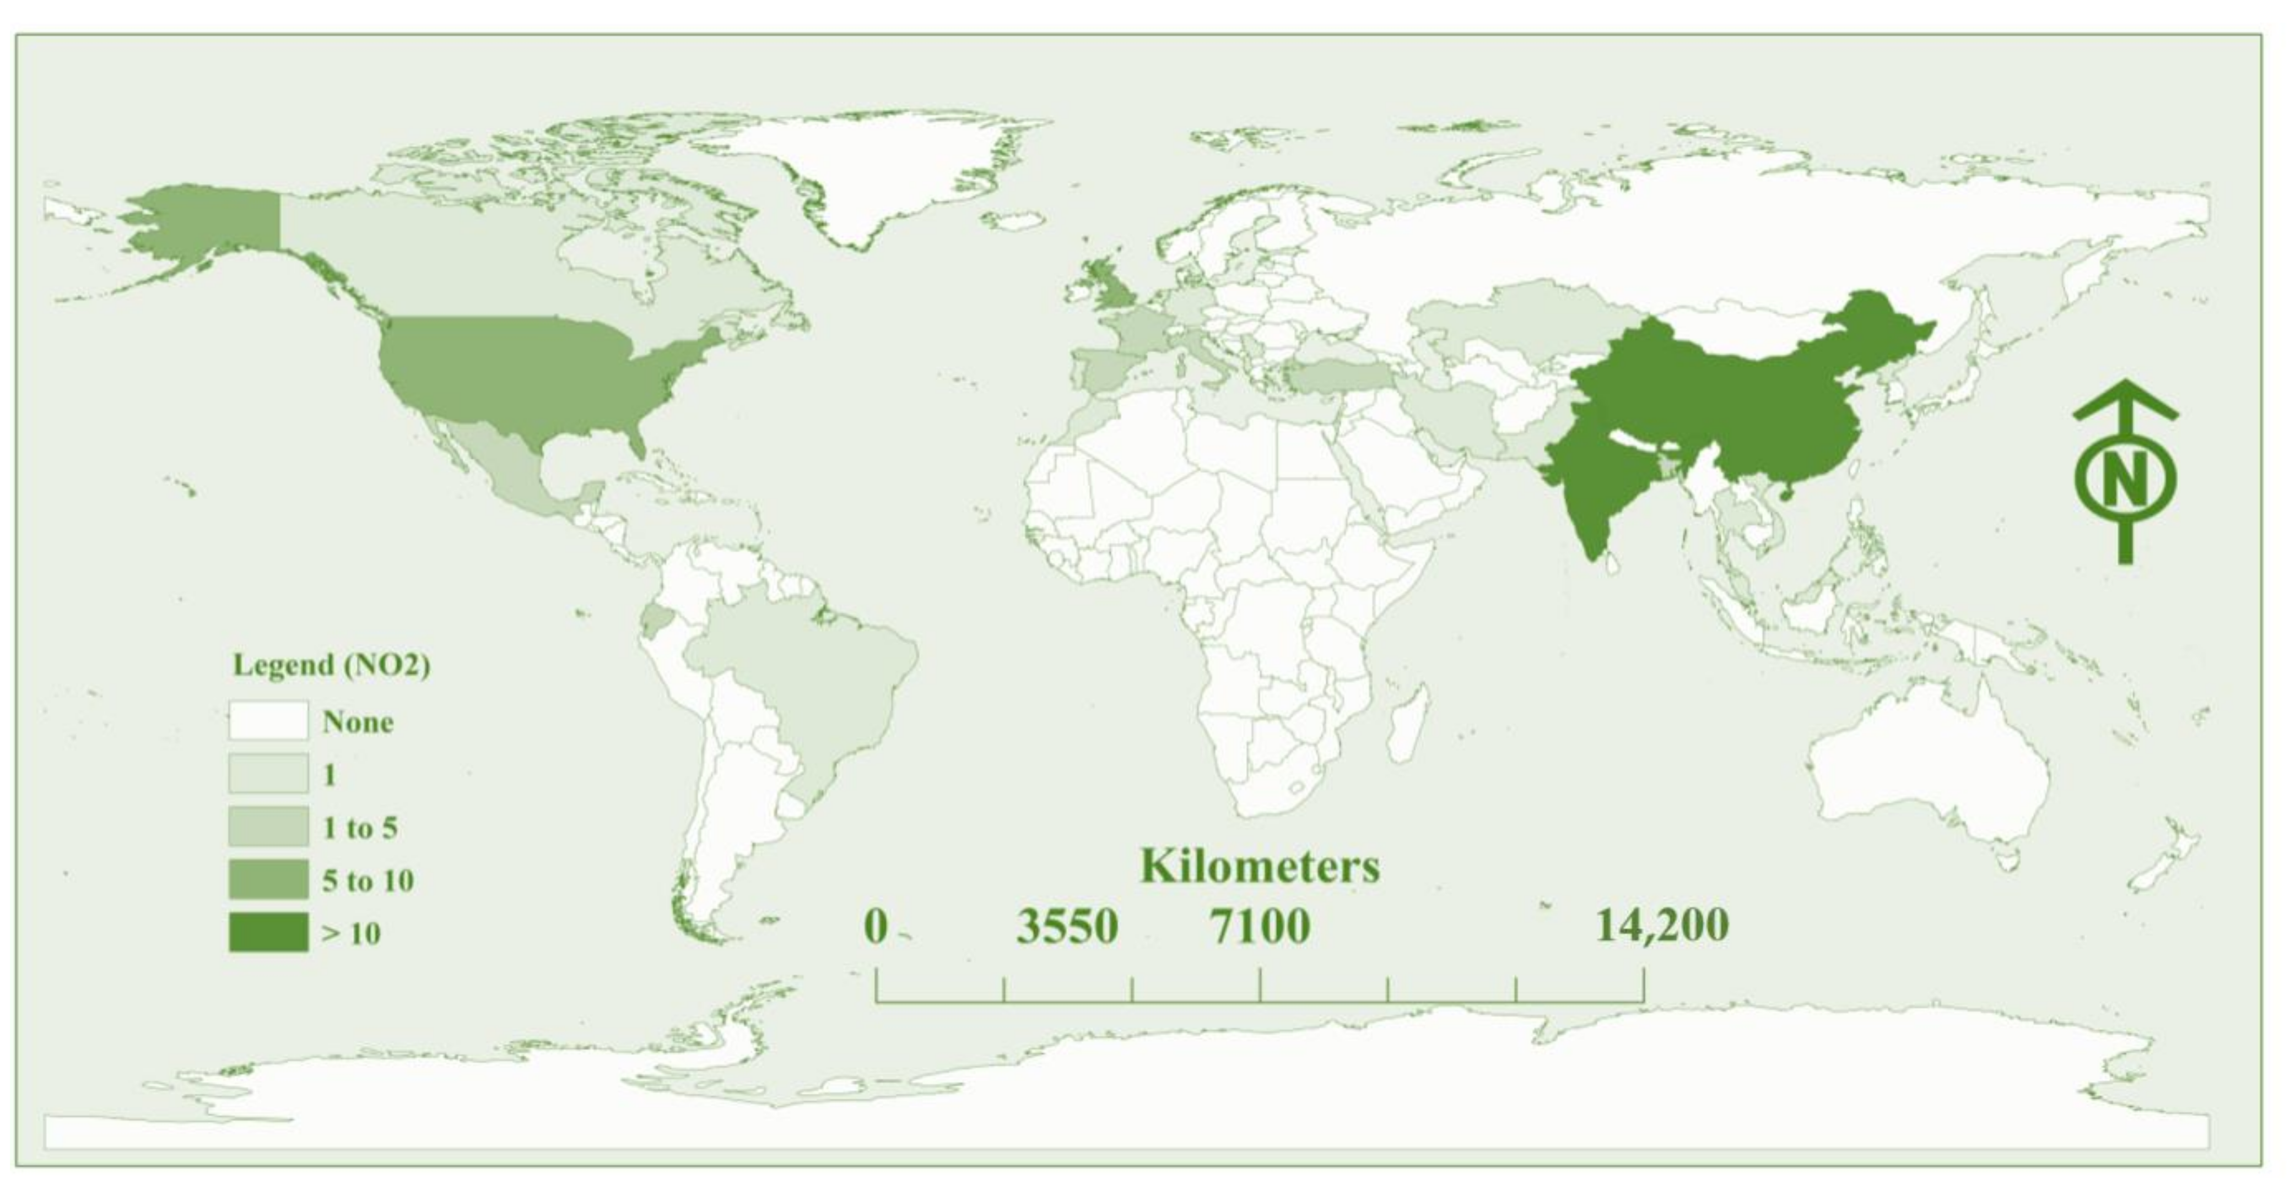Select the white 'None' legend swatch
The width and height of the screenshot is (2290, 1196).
point(268,721)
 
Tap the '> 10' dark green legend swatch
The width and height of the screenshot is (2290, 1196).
point(268,932)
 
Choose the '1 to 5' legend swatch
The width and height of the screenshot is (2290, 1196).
point(268,827)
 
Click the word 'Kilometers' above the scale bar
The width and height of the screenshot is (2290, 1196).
point(1260,866)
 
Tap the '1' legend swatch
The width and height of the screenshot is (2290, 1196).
point(268,773)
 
